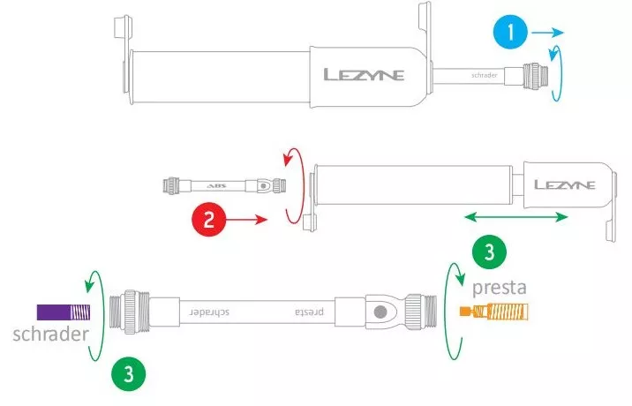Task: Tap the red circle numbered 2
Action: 208,219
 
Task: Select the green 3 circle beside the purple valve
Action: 129,373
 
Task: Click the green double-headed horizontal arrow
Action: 516,215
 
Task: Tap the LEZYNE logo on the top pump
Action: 363,75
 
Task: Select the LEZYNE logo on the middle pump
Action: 564,185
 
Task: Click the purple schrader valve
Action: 64,312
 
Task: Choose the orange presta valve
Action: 494,312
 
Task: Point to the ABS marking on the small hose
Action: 215,186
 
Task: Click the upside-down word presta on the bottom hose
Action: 305,312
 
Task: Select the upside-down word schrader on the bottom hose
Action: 207,312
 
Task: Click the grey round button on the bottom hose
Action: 380,312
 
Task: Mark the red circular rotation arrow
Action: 289,184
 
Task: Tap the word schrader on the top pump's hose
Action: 483,75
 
